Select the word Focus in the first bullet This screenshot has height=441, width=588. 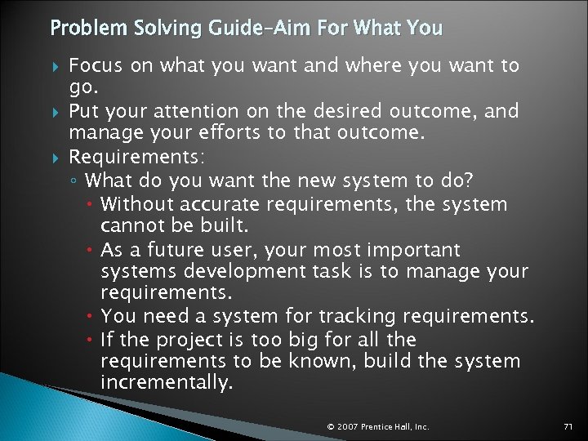pyautogui.click(x=94, y=65)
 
